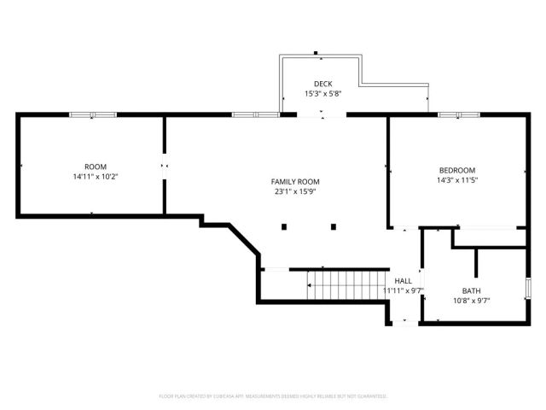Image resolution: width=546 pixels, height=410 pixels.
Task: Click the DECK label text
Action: [323, 84]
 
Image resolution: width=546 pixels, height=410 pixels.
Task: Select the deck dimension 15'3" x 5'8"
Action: [323, 94]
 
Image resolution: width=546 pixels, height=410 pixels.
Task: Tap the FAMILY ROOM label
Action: [295, 182]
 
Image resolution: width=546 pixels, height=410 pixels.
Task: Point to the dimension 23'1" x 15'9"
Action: [295, 192]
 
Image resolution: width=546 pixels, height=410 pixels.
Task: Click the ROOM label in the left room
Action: [95, 167]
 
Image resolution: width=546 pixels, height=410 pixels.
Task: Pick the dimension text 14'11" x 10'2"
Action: [95, 177]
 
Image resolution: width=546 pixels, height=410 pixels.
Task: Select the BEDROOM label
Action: [456, 170]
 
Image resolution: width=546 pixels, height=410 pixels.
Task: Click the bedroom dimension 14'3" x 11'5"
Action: [456, 180]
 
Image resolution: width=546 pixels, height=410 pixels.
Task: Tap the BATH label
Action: [471, 290]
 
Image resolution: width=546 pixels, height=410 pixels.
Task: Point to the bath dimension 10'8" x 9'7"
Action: [471, 301]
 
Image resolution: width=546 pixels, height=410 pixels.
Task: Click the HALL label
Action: [403, 280]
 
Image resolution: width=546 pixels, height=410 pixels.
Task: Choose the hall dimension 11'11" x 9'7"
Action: [403, 290]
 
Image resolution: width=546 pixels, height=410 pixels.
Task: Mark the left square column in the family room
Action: [285, 226]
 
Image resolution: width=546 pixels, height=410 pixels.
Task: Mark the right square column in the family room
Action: [334, 226]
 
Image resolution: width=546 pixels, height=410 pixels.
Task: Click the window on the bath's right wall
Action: [528, 289]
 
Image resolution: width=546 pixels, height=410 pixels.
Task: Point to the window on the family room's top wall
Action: [255, 114]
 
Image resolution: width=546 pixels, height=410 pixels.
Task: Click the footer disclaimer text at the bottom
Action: [273, 396]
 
